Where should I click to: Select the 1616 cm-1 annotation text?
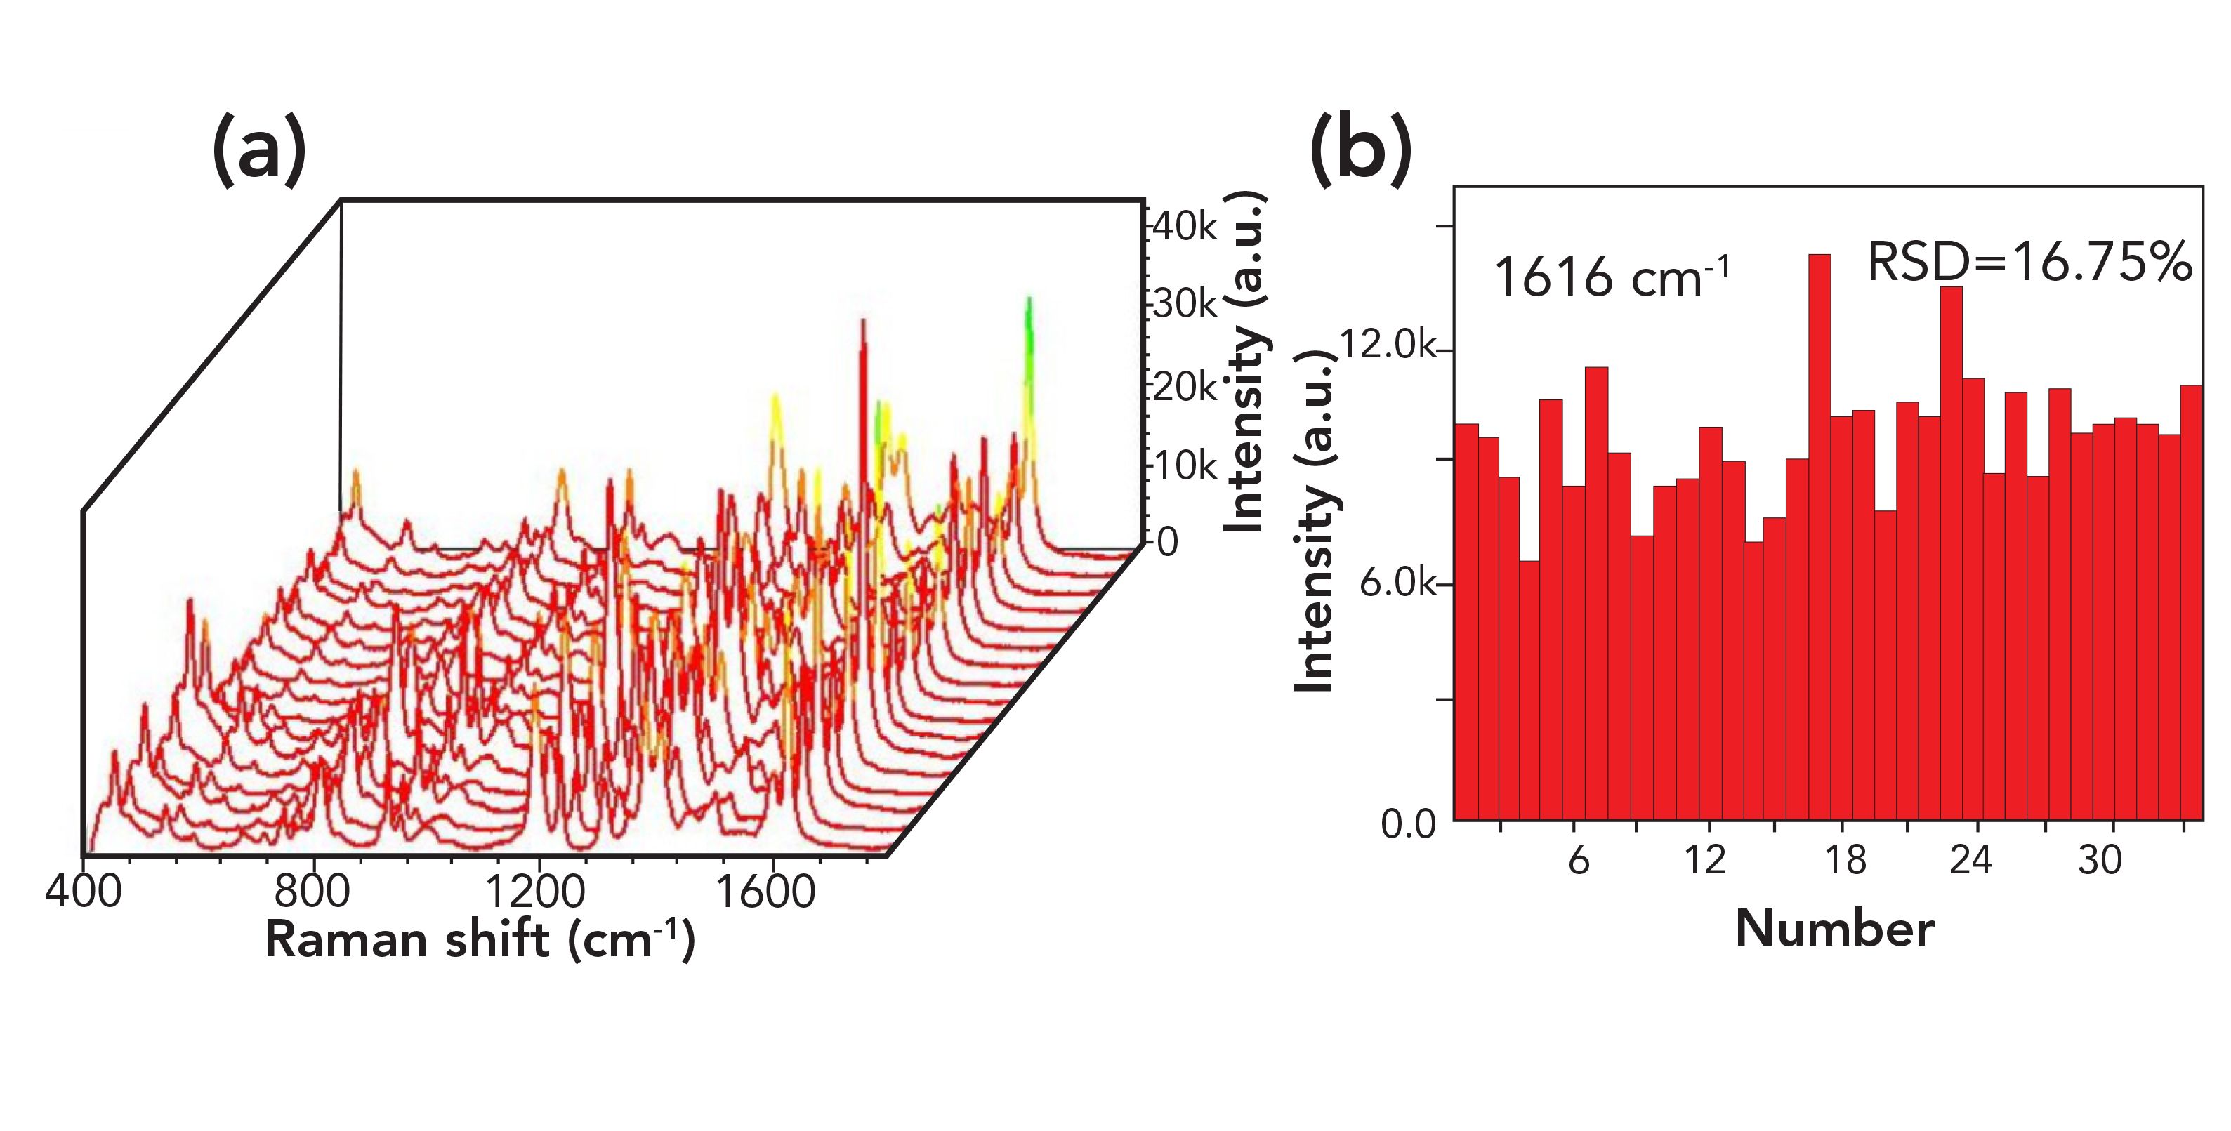click(x=1611, y=277)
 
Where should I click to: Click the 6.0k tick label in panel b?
click(x=1395, y=583)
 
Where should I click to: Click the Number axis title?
click(x=1834, y=930)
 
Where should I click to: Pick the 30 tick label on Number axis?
click(x=2100, y=861)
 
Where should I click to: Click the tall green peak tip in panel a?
click(x=1029, y=300)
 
